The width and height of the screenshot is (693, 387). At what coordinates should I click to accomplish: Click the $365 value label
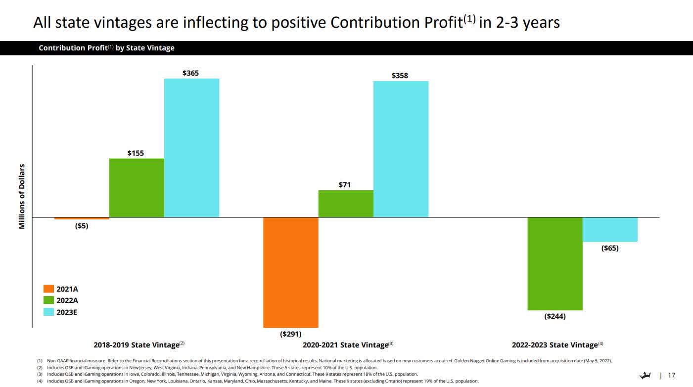tap(191, 73)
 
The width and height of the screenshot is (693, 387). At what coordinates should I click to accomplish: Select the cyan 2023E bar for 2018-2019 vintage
tap(191, 148)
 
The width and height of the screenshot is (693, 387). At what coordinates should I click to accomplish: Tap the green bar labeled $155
tap(137, 188)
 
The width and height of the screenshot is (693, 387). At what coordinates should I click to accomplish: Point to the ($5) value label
tap(82, 226)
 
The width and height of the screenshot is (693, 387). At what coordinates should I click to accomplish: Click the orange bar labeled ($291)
tap(290, 272)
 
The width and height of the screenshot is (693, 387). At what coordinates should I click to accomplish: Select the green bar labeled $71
tap(345, 204)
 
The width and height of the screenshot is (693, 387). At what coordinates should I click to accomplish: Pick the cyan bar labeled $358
tap(401, 149)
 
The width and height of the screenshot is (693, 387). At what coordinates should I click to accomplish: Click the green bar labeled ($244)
tap(554, 263)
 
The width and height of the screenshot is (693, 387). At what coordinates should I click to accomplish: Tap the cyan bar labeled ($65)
tap(610, 229)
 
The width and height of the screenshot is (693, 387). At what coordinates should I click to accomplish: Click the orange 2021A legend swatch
tap(48, 289)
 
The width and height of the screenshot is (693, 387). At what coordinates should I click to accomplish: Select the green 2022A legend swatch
tap(48, 300)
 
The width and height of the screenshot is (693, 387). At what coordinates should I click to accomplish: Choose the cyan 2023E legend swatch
tap(48, 312)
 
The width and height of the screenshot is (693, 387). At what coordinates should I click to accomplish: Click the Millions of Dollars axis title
tap(22, 197)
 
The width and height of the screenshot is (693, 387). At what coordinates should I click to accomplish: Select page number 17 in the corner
tap(671, 376)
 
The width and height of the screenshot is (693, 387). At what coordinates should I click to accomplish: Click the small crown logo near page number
tap(645, 376)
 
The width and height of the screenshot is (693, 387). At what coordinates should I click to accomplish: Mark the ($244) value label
tap(555, 316)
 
